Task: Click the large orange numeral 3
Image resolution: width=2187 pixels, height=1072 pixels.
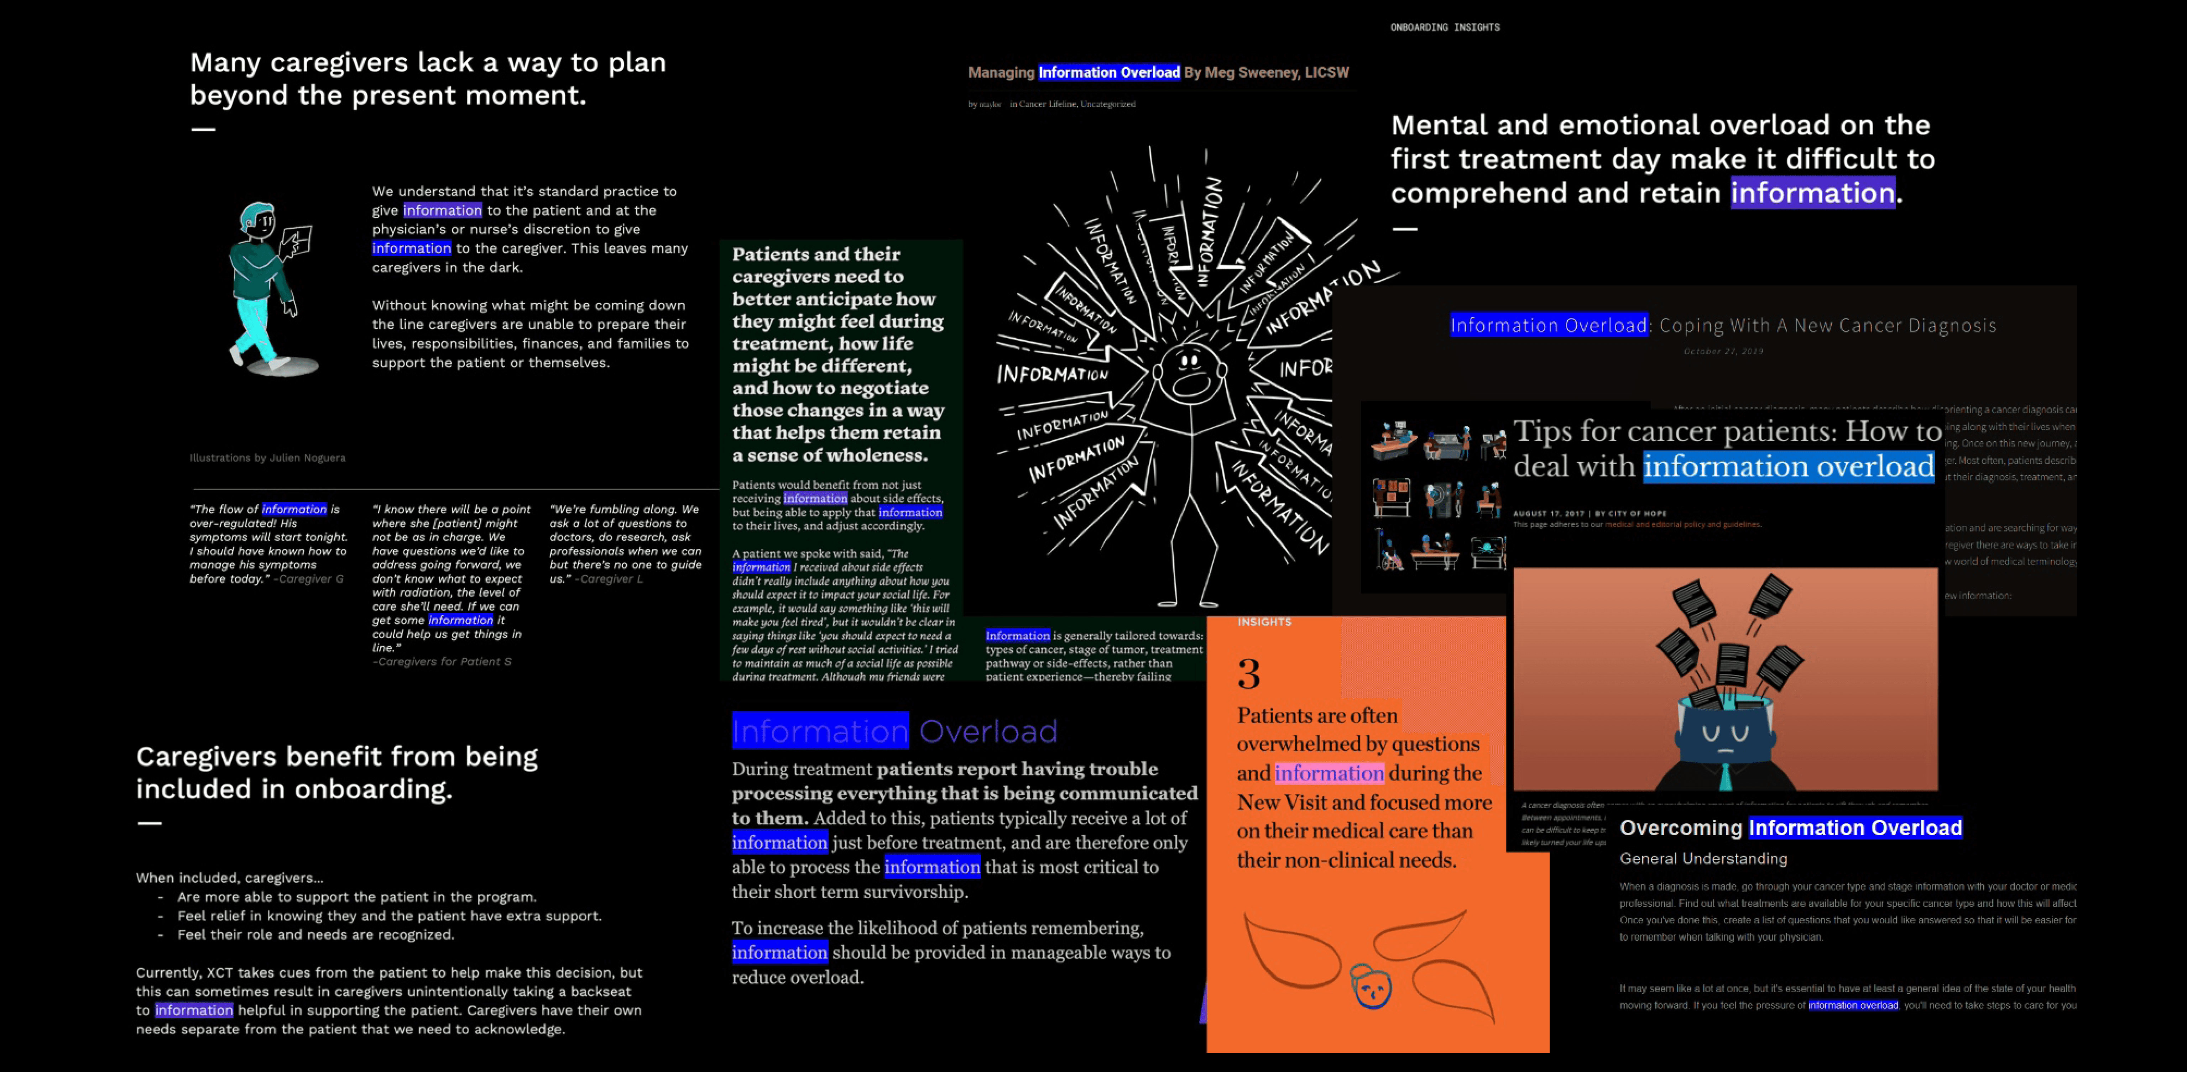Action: point(1248,674)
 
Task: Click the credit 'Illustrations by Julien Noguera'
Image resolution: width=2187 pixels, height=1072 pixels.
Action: point(267,457)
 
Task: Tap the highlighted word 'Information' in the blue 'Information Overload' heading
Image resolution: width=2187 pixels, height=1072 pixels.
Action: point(820,731)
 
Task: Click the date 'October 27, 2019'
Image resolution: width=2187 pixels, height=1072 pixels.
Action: point(1723,351)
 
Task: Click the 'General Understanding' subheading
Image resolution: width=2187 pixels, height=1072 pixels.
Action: point(1703,858)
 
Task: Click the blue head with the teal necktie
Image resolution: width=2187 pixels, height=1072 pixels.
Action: point(1723,734)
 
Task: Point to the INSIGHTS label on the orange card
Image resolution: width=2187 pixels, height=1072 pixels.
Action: point(1264,622)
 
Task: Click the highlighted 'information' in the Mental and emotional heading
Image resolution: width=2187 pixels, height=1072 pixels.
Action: point(1813,193)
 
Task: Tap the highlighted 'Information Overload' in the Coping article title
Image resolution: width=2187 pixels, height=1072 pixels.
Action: point(1549,325)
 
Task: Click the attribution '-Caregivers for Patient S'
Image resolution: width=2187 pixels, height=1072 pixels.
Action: point(442,661)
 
